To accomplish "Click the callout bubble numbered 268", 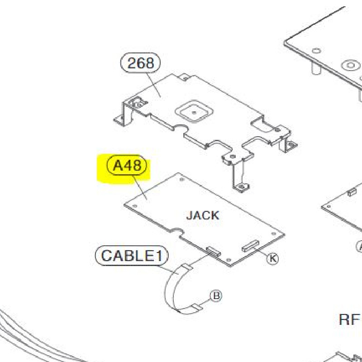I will click(x=141, y=63).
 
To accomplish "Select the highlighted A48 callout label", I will click(x=127, y=166).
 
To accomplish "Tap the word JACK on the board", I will click(x=203, y=215).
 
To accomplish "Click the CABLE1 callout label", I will click(x=131, y=256).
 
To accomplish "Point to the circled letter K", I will click(x=272, y=258).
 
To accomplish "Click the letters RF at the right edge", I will click(x=350, y=319).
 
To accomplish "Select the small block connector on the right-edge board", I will click(x=351, y=192).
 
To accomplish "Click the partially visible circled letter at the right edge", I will click(x=360, y=247).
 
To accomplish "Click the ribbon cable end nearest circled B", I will click(x=195, y=308).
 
